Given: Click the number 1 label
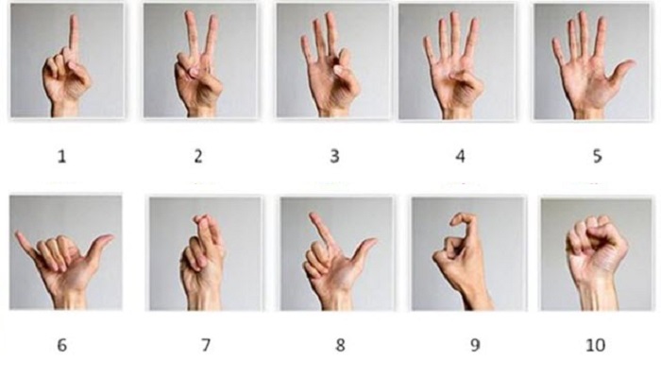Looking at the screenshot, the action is pyautogui.click(x=62, y=157).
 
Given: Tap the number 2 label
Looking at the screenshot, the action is pyautogui.click(x=198, y=157).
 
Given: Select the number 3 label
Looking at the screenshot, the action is pyautogui.click(x=334, y=157).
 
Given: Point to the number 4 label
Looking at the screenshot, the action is pyautogui.click(x=461, y=157).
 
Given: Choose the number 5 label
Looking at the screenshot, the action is pyautogui.click(x=598, y=157).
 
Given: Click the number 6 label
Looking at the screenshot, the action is pyautogui.click(x=62, y=345).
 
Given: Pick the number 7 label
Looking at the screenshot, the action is pyautogui.click(x=206, y=345).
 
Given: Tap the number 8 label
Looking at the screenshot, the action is pyautogui.click(x=340, y=345).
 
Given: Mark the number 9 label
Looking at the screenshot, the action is pyautogui.click(x=475, y=345).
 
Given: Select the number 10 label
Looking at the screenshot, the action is pyautogui.click(x=596, y=345).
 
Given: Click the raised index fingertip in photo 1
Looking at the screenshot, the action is pyautogui.click(x=75, y=18).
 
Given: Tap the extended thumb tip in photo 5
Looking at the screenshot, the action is pyautogui.click(x=632, y=63).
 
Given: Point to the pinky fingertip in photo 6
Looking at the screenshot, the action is pyautogui.click(x=18, y=234).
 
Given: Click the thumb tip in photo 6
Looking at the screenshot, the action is pyautogui.click(x=110, y=237).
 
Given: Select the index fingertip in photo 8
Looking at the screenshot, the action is pyautogui.click(x=313, y=215).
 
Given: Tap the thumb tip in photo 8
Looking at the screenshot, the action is pyautogui.click(x=373, y=241).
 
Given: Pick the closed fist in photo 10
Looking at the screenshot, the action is pyautogui.click(x=596, y=244).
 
